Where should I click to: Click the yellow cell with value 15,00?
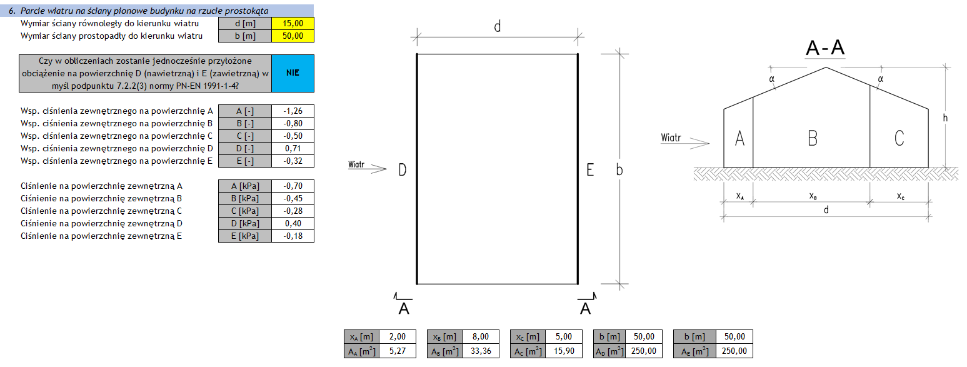(x=293, y=23)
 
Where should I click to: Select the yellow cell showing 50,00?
(x=293, y=36)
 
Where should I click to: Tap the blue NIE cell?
(x=293, y=73)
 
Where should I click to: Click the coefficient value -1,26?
(x=293, y=111)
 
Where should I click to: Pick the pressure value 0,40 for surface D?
(x=293, y=223)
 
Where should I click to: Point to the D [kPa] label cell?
(x=245, y=223)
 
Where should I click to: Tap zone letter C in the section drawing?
(x=899, y=138)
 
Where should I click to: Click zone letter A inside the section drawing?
(x=739, y=138)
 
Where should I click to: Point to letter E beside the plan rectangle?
(x=589, y=169)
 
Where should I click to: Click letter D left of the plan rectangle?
(x=403, y=169)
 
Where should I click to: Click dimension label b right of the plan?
(x=619, y=169)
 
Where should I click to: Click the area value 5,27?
(x=397, y=351)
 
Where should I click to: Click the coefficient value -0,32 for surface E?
(x=293, y=161)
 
